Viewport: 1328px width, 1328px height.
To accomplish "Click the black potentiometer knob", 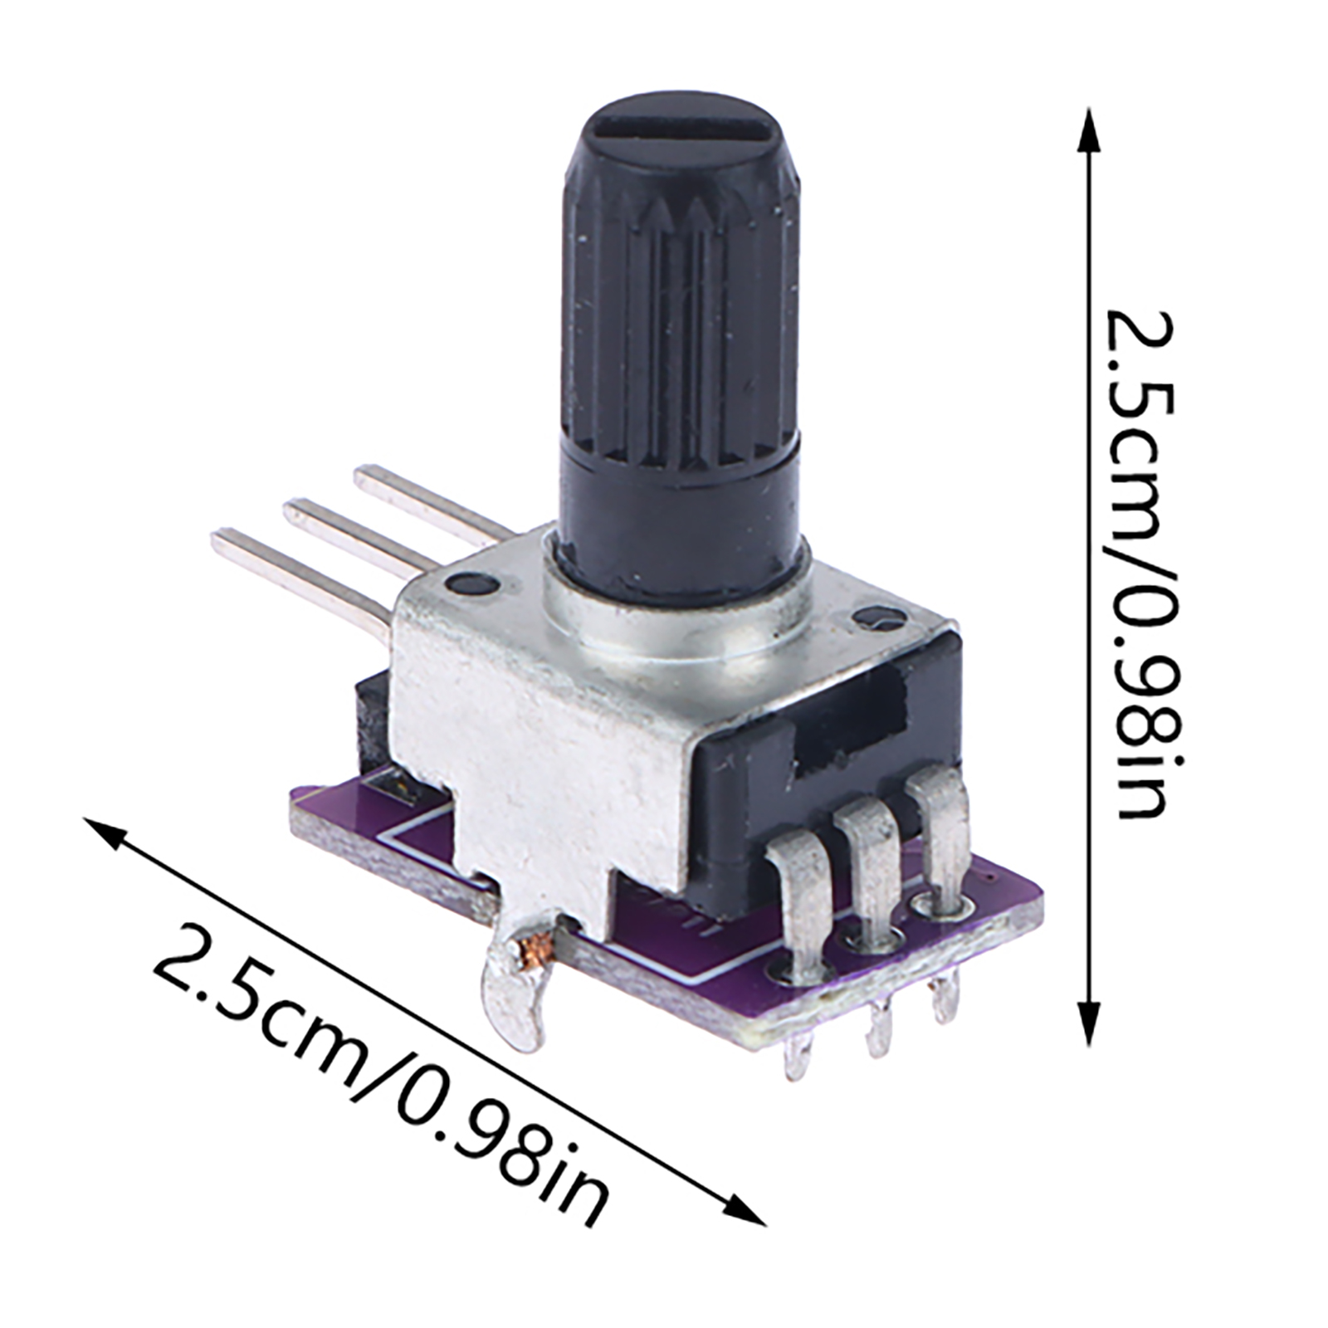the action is pos(681,349).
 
